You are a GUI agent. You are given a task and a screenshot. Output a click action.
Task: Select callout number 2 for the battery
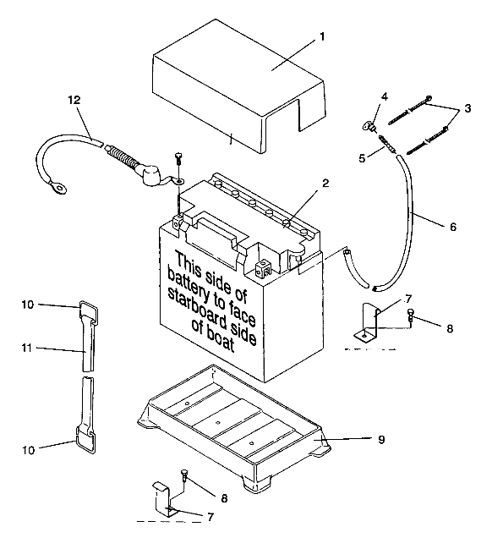point(325,183)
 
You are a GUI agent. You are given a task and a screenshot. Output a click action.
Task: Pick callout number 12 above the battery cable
point(74,101)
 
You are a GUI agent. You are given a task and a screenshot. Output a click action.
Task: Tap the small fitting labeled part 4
point(369,128)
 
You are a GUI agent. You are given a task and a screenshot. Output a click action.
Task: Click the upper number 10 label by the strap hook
point(28,304)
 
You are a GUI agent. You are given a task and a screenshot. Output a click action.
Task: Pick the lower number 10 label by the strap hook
point(28,450)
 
